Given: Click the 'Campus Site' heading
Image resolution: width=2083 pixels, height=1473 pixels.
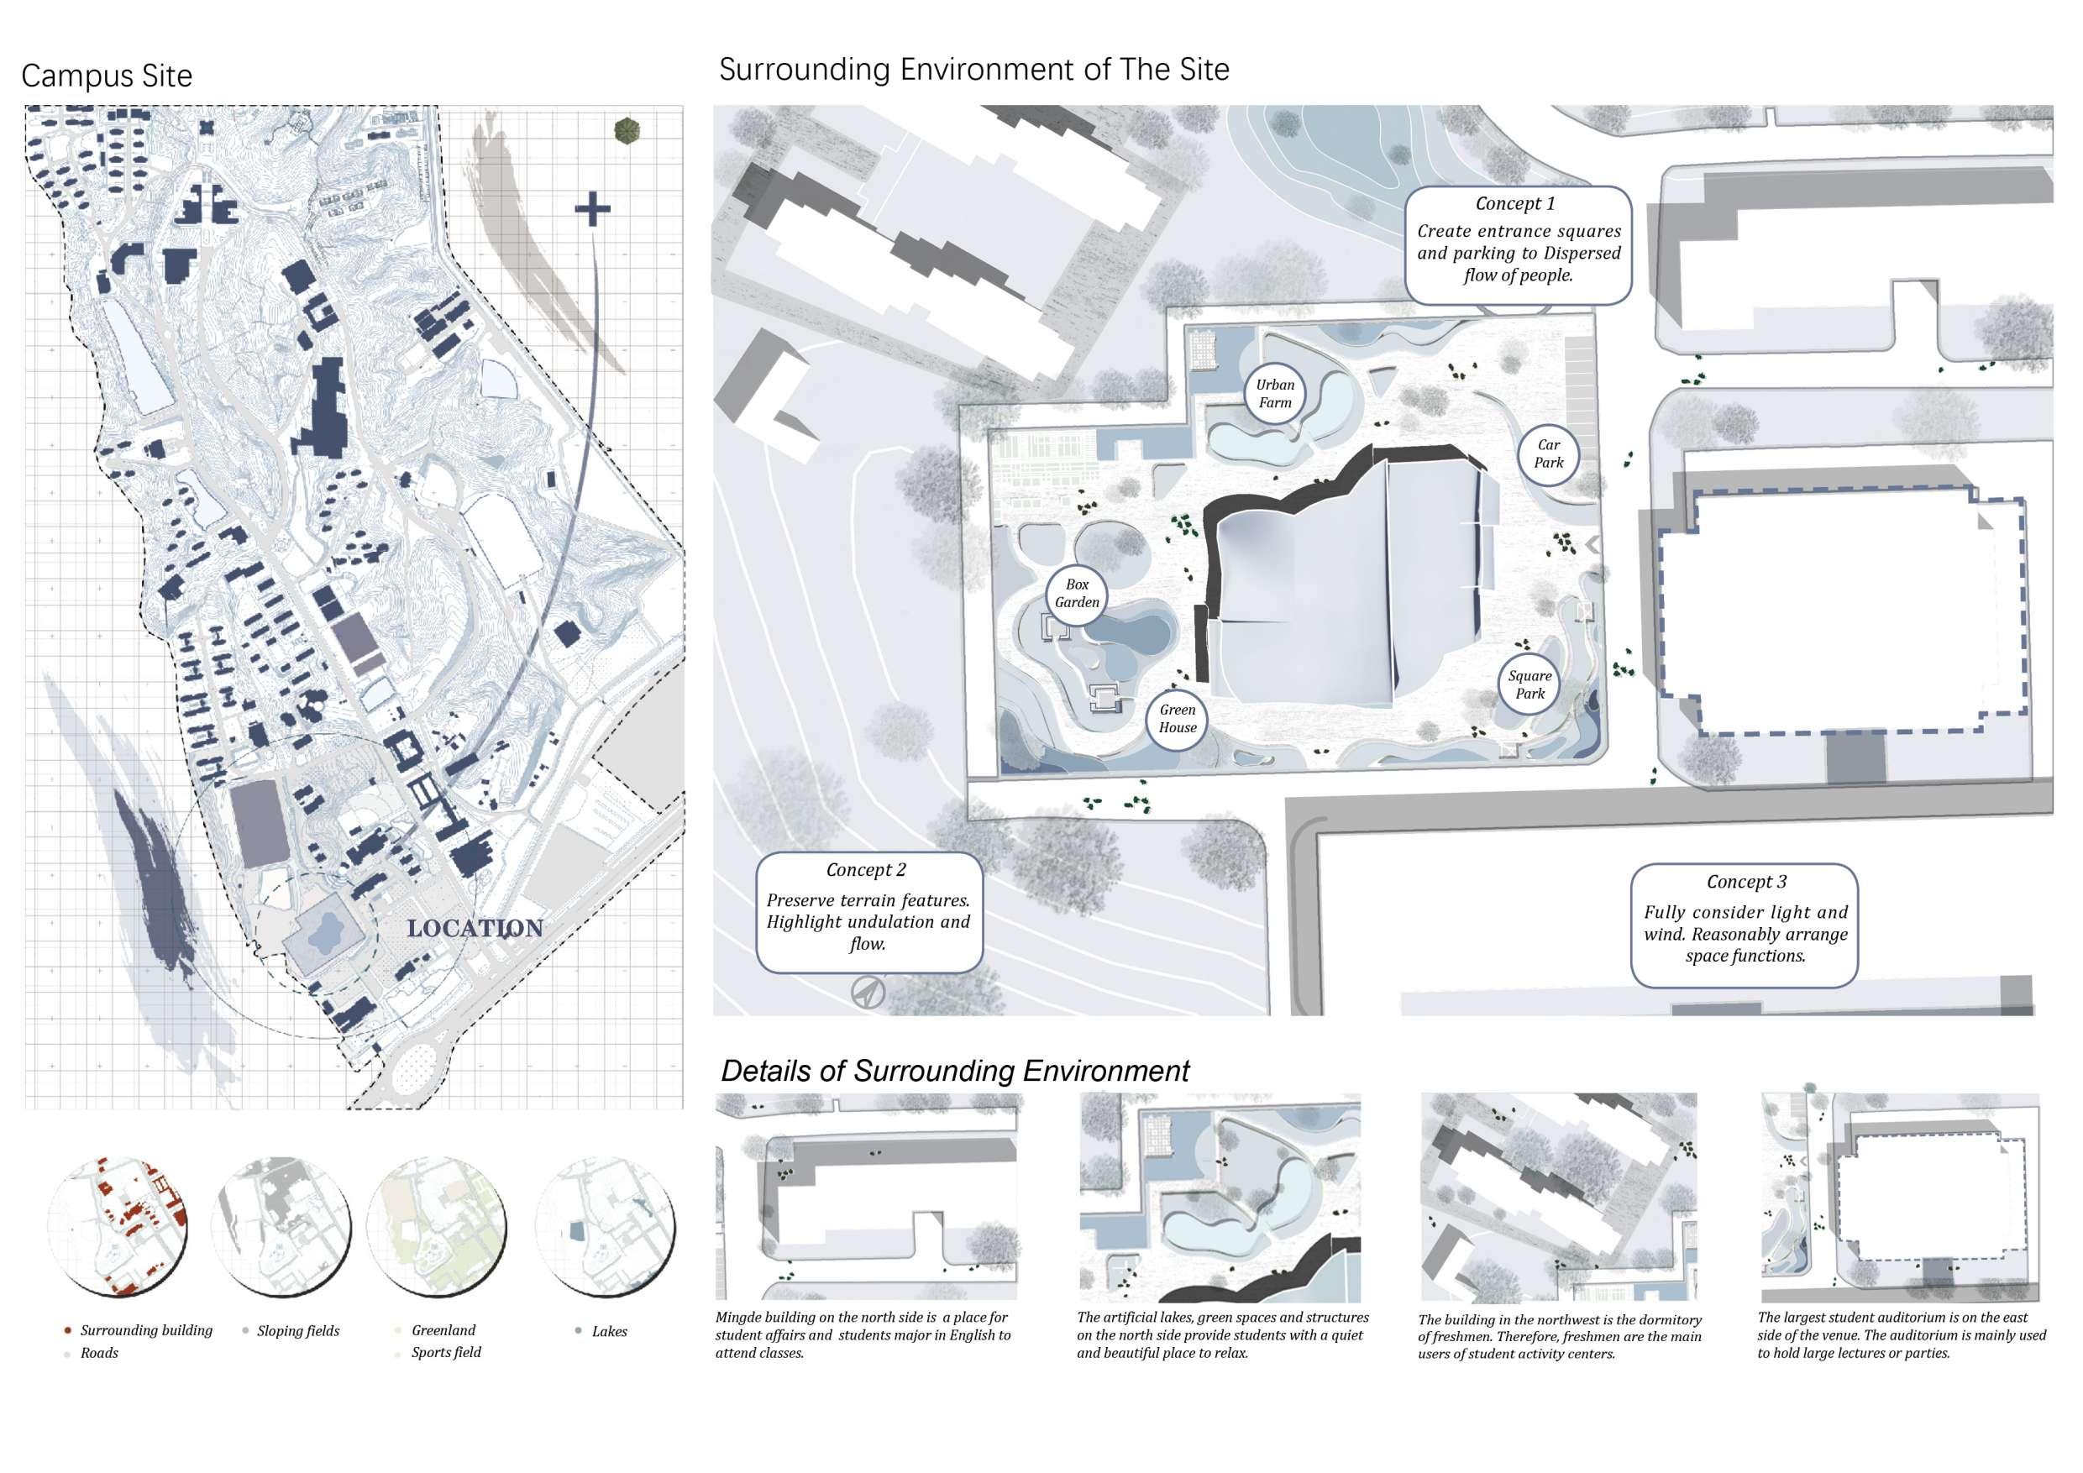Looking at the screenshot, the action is coord(106,76).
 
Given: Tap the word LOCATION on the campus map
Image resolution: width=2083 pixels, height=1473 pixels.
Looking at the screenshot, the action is coord(475,929).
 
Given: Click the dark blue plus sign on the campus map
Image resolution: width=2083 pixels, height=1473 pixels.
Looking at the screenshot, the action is coord(592,209).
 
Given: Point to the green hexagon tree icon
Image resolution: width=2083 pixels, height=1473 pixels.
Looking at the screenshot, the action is coord(625,132).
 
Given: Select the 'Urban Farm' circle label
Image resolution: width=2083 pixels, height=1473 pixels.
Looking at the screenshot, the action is coord(1275,394).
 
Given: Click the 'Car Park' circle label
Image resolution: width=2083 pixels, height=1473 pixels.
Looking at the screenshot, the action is coord(1549,453).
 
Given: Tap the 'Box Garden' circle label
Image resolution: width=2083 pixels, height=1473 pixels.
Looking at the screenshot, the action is coord(1077,593).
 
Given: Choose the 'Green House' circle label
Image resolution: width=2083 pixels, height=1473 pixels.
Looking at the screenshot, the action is coord(1178,718).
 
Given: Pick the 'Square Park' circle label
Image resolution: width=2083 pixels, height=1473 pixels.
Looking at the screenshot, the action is coord(1529,684).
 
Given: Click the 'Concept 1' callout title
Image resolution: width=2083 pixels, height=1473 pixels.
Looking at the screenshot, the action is coord(1515,204).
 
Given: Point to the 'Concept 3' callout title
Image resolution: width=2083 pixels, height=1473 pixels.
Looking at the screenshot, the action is coord(1746,882).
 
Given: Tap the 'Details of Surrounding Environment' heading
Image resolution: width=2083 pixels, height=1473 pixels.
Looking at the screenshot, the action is coord(954,1072).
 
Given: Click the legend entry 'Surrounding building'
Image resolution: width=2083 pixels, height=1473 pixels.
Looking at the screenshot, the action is coord(146,1330).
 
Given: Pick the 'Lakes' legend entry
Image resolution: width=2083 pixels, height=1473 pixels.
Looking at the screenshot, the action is coord(609,1332).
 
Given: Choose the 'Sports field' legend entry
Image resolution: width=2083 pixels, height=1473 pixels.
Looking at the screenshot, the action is coord(445,1352).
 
